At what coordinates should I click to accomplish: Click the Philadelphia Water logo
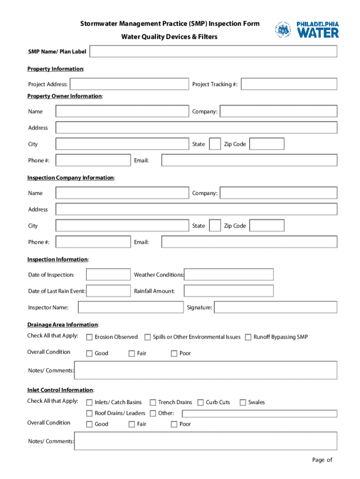(x=307, y=29)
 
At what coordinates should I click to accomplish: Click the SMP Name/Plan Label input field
(x=213, y=51)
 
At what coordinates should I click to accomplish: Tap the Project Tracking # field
(x=289, y=84)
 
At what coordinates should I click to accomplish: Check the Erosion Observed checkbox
(x=89, y=337)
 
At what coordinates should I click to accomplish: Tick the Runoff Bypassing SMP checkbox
(x=248, y=337)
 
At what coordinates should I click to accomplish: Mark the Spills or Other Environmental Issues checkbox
(x=147, y=337)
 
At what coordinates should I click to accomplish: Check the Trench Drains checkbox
(x=152, y=402)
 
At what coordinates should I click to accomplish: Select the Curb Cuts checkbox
(x=201, y=402)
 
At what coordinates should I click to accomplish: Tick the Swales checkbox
(x=243, y=402)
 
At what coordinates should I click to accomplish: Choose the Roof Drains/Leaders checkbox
(x=89, y=414)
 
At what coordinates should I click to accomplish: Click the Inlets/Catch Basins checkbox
(x=89, y=402)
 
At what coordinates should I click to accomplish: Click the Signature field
(x=275, y=307)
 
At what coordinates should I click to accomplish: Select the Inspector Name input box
(x=131, y=307)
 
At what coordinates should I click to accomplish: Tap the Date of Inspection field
(x=108, y=275)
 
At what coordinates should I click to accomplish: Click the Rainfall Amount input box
(x=229, y=291)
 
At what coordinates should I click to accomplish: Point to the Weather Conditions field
(x=229, y=275)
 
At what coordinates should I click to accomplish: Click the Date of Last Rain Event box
(x=108, y=291)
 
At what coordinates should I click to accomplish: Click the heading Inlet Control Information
(x=60, y=390)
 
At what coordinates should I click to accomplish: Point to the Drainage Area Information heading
(x=62, y=325)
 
